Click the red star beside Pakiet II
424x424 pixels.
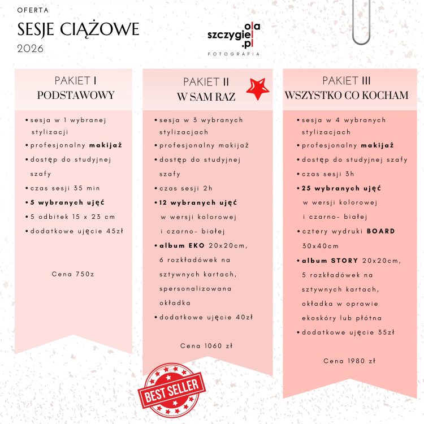point(257,89)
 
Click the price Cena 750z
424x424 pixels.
point(72,274)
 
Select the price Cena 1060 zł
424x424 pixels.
point(206,345)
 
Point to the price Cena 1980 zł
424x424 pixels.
point(349,360)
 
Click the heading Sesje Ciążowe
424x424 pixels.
point(78,29)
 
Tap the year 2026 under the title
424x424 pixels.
point(30,48)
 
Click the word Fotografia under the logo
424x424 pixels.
point(233,54)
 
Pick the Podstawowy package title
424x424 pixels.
point(75,95)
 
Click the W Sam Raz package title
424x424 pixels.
point(206,97)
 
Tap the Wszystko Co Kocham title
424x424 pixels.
point(347,95)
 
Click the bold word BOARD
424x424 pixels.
point(380,231)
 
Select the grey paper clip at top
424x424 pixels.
point(360,23)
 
